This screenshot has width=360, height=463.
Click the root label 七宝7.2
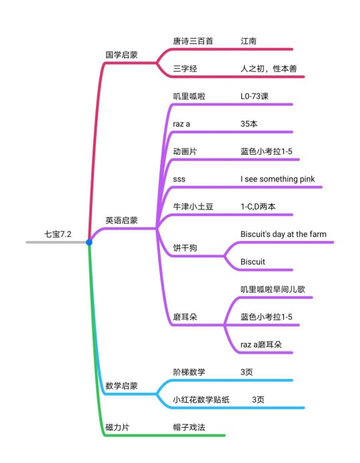58,234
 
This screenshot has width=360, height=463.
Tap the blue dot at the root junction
89,242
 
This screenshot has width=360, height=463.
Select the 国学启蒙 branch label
121,55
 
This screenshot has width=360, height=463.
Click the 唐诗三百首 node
193,41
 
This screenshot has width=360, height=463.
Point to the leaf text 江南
249,41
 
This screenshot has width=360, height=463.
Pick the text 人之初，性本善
269,69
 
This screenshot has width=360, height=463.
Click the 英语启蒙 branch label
121,220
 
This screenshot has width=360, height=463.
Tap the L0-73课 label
255,96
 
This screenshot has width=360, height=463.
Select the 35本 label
249,123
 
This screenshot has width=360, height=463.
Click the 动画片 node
185,151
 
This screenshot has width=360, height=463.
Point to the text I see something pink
278,179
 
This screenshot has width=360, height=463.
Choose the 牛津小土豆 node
193,206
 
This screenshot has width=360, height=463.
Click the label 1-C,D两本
258,206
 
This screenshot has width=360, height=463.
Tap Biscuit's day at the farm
283,234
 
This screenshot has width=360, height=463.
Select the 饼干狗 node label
185,248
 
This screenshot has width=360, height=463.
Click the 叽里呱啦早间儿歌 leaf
273,290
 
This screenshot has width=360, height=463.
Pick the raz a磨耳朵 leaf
261,345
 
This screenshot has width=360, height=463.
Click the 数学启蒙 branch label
121,386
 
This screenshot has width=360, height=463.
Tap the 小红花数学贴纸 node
201,400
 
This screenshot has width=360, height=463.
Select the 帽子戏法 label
189,427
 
